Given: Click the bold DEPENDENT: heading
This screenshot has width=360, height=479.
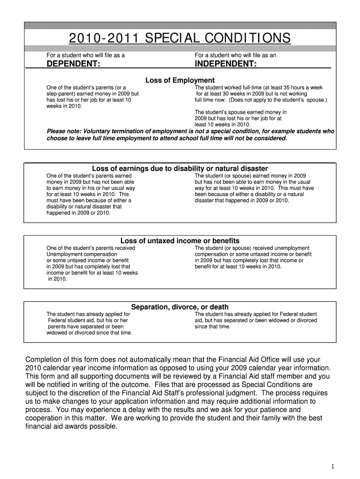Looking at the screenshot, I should (73, 64).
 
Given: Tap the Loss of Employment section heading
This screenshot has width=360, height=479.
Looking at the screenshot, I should (180, 80).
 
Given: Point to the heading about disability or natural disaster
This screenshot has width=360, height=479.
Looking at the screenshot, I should (180, 168).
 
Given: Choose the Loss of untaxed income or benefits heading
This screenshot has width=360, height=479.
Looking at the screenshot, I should (180, 241).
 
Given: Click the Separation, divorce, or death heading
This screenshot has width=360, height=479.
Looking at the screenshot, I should (180, 307).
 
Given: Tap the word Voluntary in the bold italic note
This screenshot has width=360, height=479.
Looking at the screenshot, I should (97, 131).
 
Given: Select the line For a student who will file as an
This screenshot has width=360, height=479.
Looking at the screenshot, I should (235, 55).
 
